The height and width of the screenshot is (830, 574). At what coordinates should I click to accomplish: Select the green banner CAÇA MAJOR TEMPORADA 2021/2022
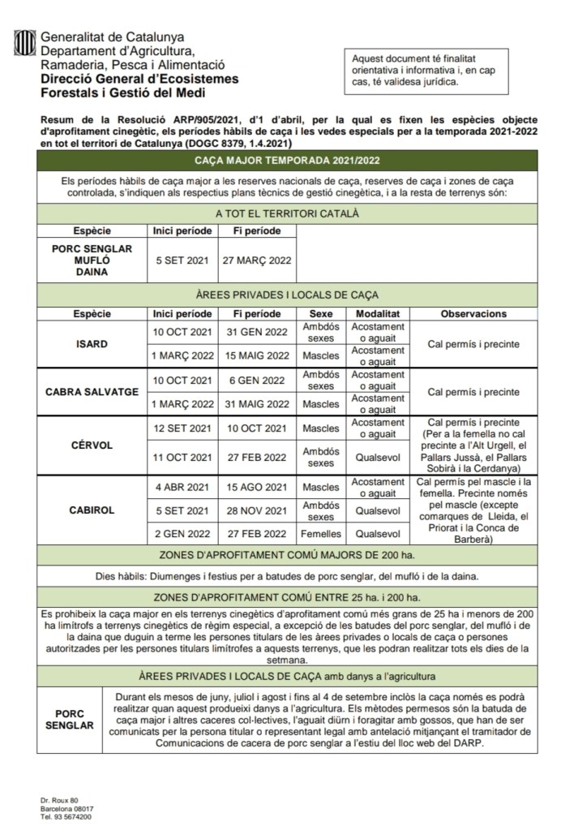click(286, 161)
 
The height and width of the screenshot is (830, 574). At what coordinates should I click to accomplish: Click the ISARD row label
click(92, 344)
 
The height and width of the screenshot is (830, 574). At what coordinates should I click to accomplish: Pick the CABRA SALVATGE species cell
click(92, 392)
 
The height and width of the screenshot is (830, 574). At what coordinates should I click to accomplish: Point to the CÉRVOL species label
click(92, 445)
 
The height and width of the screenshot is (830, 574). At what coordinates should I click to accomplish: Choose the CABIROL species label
click(92, 510)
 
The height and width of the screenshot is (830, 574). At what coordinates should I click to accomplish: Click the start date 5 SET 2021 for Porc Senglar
click(182, 261)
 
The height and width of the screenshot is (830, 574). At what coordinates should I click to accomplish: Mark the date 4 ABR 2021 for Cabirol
click(182, 487)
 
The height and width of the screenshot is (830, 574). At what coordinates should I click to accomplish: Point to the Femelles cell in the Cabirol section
click(321, 534)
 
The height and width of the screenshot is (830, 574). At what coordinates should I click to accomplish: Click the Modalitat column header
click(376, 313)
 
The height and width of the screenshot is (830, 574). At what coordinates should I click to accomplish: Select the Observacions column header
click(473, 313)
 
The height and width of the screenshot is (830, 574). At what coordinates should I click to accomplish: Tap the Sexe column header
click(321, 313)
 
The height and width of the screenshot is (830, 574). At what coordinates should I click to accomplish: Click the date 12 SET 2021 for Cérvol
click(182, 428)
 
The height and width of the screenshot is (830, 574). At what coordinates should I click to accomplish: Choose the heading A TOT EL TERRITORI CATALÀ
click(286, 213)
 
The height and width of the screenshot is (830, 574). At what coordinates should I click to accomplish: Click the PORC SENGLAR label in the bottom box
click(70, 720)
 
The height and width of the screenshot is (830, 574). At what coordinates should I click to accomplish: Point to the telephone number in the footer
click(66, 817)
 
